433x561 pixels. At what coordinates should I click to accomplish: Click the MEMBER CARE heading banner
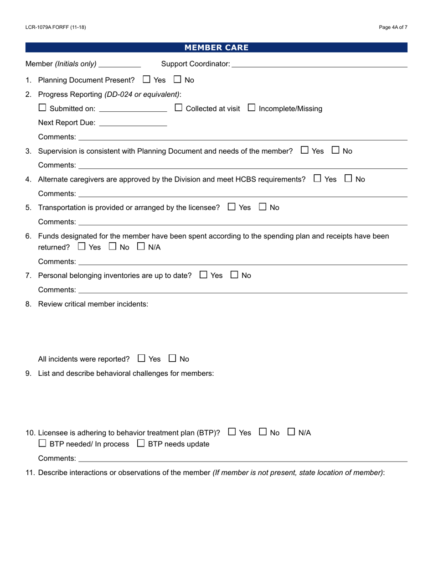click(216, 47)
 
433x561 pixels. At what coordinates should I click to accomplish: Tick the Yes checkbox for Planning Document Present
click(146, 79)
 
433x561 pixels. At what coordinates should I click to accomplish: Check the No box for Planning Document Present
click(177, 79)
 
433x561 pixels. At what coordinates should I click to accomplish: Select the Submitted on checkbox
click(42, 108)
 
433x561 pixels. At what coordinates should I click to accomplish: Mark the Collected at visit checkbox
click(179, 108)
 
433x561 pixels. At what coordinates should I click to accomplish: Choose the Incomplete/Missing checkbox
click(252, 108)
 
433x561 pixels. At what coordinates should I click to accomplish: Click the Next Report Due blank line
click(133, 123)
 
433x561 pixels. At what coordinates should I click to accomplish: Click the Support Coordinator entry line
click(319, 64)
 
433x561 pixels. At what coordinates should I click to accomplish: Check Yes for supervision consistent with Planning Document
click(304, 150)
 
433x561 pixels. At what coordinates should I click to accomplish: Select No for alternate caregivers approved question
click(348, 179)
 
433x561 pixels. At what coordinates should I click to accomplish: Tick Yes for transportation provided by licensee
click(232, 207)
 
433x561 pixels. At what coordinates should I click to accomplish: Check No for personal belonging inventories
click(234, 275)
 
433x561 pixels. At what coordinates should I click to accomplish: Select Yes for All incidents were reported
click(141, 358)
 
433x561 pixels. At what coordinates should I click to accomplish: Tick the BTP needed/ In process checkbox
click(42, 443)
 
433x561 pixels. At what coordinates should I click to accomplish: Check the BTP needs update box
click(141, 443)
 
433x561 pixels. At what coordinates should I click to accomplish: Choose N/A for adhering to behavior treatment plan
click(291, 432)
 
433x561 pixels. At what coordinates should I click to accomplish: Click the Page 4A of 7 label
click(393, 27)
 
